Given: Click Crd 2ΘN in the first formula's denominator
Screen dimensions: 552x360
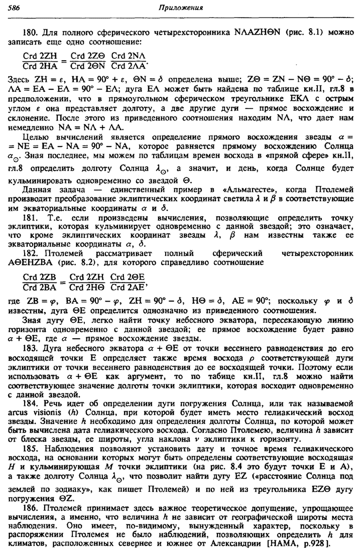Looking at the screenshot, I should point(87,64).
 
